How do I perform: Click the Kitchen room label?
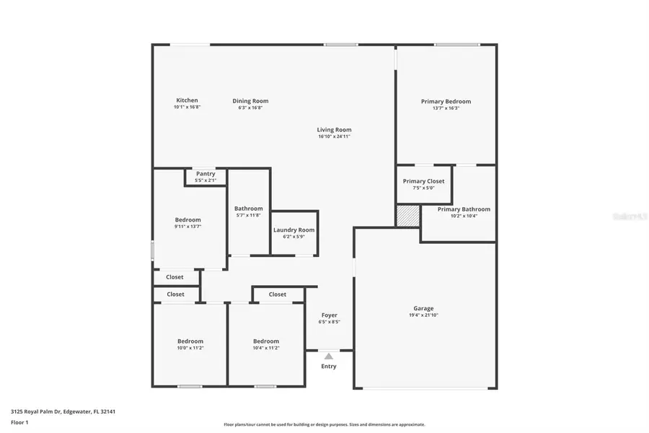tap(187, 100)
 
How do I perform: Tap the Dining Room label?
tap(250, 101)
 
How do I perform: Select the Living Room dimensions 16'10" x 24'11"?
tap(334, 136)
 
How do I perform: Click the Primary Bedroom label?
tap(446, 102)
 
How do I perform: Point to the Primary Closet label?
tap(423, 181)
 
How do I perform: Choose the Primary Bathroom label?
tap(464, 209)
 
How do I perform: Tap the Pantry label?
tap(206, 174)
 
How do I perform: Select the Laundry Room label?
tap(293, 230)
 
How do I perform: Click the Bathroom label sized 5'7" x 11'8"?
tap(248, 209)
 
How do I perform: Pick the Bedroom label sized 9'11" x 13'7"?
tap(187, 220)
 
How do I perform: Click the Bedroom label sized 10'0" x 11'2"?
tap(190, 341)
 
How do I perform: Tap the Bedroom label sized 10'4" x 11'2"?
tap(265, 341)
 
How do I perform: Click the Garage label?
tap(423, 309)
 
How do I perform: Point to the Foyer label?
tap(329, 315)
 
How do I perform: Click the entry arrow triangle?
tap(329, 356)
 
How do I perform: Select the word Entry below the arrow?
tap(329, 367)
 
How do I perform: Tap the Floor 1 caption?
tap(19, 422)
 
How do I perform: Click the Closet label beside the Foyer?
tap(277, 294)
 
